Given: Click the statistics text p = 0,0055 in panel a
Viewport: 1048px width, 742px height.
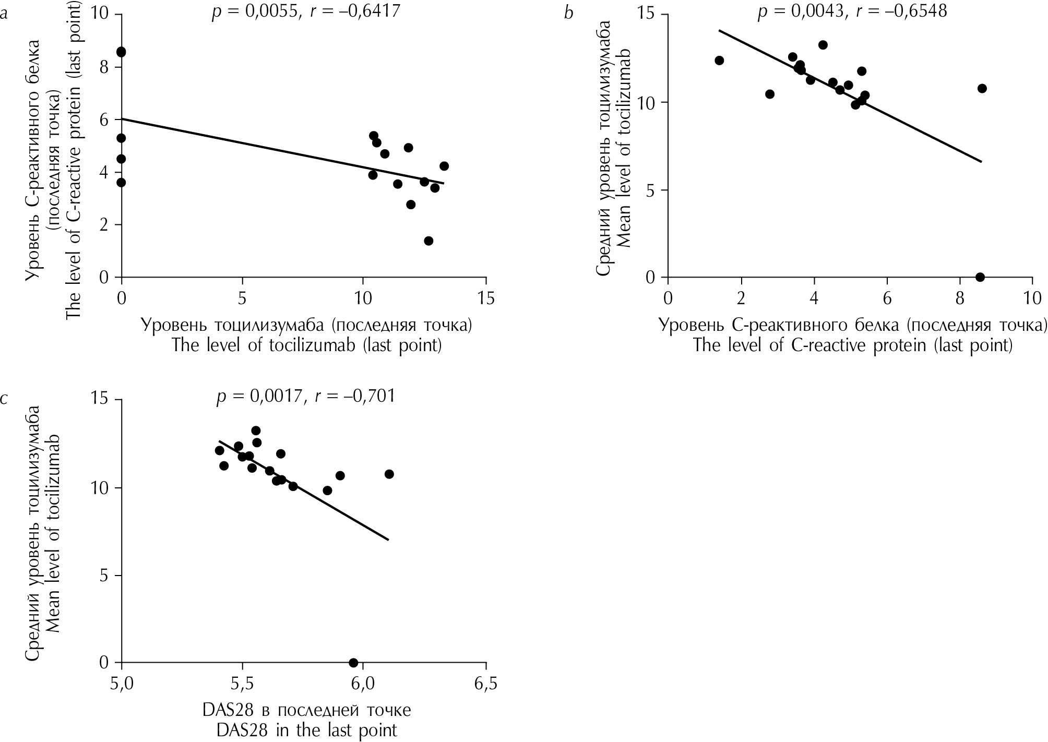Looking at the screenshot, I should pos(255,11).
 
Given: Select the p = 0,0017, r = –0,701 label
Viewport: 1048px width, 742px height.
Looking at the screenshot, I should pos(306,396).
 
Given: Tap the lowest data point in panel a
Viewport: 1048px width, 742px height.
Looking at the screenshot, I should pos(428,241).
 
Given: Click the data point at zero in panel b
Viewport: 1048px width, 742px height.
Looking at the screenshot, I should pos(980,277).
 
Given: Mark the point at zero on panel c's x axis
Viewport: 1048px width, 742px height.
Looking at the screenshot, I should pos(353,663).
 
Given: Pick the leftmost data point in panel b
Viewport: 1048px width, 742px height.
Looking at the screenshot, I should pos(719,61).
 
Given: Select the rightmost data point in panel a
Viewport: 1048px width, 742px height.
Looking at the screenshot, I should pos(444,166).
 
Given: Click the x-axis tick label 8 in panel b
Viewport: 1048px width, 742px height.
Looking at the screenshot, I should pos(959,299).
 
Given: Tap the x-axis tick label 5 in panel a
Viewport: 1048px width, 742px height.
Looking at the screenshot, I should pos(242,299).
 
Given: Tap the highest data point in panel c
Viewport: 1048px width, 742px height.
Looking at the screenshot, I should pos(256,430).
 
